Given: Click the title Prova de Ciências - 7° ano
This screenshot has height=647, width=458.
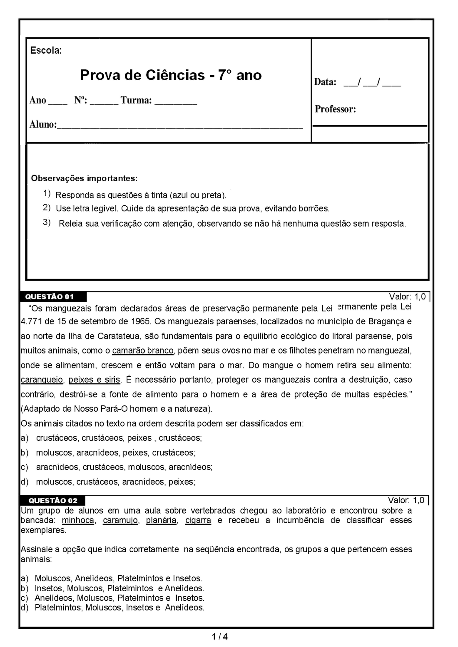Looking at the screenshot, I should pos(171,75).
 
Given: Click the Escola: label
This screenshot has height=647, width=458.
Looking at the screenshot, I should pos(46,51).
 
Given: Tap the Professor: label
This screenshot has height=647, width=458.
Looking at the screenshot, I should pos(335,109).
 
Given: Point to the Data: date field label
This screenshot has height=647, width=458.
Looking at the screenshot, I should pos(325,82).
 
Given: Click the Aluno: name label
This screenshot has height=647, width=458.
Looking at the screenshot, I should pos(43,124).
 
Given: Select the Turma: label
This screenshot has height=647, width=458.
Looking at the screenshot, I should pos(136,100).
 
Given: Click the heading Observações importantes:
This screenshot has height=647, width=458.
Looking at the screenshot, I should pos(84,178).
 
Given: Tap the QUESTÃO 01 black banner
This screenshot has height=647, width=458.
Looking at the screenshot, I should pos(50,296).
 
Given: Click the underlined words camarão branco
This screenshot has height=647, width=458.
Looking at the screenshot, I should pos(142,351).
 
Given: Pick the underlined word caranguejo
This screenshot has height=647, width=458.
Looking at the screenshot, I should pos(42,380).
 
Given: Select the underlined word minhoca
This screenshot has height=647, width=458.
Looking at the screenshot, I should pos(78,520).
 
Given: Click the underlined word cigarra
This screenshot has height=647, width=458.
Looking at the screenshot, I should pos(198,520).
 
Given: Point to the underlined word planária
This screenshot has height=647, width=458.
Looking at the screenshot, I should pos(161,520).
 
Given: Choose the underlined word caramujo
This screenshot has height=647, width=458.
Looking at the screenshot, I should pos(120,520).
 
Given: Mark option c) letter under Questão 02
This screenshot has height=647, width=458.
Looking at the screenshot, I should pos(25,598).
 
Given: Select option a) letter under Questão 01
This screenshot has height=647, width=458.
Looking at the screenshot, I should pos(25,438).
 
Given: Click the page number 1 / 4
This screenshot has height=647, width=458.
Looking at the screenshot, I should pos(219,637).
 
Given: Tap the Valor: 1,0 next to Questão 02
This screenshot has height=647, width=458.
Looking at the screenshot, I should pos(406,500).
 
